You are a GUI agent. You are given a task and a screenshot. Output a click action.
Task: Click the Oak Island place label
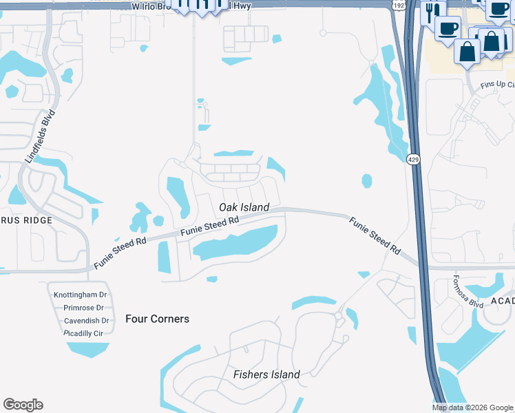click(x=244, y=207)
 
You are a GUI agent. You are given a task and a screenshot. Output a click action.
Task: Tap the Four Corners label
click(x=157, y=319)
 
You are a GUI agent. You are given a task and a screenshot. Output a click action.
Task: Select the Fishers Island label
click(x=266, y=374)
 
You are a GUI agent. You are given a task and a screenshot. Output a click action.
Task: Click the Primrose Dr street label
click(x=83, y=308)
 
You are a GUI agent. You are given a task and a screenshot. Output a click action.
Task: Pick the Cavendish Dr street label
click(x=86, y=321)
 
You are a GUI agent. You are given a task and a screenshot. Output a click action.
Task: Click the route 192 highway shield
click(x=399, y=5)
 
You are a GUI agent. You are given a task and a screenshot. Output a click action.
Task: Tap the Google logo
click(x=23, y=405)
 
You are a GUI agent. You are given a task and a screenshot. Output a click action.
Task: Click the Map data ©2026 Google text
click(x=472, y=407)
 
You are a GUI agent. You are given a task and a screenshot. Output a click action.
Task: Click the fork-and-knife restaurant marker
click(x=432, y=11)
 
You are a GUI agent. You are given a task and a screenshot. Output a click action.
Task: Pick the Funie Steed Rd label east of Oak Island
click(x=375, y=235)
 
